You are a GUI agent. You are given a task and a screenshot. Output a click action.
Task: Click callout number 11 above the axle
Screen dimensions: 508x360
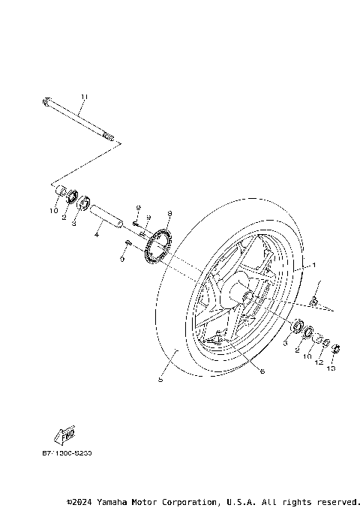84,97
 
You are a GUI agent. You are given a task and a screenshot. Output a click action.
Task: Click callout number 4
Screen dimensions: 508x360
96,235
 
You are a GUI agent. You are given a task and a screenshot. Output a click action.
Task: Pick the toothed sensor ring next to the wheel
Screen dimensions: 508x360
158,247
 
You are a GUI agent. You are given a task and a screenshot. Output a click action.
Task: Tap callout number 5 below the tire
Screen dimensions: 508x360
160,380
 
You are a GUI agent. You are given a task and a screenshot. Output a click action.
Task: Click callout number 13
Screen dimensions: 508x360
332,369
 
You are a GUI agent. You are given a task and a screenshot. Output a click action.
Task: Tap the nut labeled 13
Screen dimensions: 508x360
335,347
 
